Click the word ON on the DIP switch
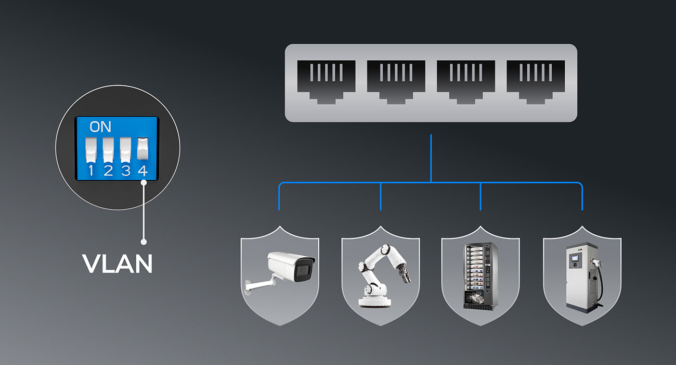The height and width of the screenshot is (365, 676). pos(100,127)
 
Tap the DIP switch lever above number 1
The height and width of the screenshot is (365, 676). pos(91,150)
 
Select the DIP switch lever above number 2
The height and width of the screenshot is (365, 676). pos(108,150)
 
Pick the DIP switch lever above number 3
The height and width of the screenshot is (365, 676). pos(125,150)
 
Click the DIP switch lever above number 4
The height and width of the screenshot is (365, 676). pos(143,148)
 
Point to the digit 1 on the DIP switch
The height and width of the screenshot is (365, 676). pos(91,171)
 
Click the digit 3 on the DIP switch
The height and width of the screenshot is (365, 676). pos(125,171)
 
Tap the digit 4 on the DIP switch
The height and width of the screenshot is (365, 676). pos(143,171)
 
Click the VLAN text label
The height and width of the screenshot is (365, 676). pos(117,264)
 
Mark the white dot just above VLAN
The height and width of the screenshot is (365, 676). pos(144,242)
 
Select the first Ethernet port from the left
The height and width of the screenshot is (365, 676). pos(326,82)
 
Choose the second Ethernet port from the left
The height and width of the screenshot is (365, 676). pos(396,82)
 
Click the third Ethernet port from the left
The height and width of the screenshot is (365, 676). pos(466,82)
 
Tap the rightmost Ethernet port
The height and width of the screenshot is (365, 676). pos(536,82)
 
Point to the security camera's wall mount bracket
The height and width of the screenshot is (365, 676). pos(259,283)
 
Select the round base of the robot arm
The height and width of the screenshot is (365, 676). pos(374,302)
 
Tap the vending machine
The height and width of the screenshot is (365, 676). pos(480,276)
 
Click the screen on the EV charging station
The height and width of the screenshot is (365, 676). pos(575,258)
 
